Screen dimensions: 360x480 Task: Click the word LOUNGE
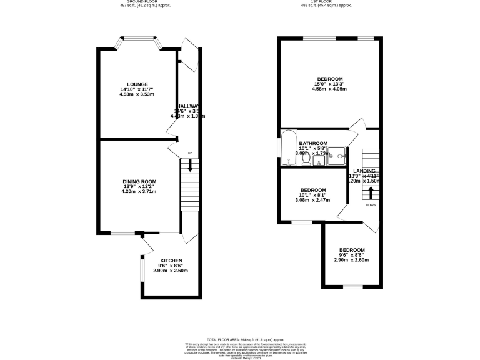click(137, 84)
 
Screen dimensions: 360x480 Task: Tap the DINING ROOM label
click(139, 181)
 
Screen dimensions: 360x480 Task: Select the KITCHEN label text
click(171, 261)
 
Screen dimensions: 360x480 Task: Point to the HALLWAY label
click(189, 106)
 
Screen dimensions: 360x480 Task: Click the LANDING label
click(364, 171)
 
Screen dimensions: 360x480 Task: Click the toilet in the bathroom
click(306, 160)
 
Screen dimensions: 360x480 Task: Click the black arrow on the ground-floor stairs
click(190, 167)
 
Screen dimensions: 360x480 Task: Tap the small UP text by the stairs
click(190, 152)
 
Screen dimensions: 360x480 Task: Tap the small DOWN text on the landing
click(371, 204)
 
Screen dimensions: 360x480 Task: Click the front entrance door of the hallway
click(187, 49)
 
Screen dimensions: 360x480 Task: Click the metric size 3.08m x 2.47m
click(312, 201)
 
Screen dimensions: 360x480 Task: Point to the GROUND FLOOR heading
click(144, 2)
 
